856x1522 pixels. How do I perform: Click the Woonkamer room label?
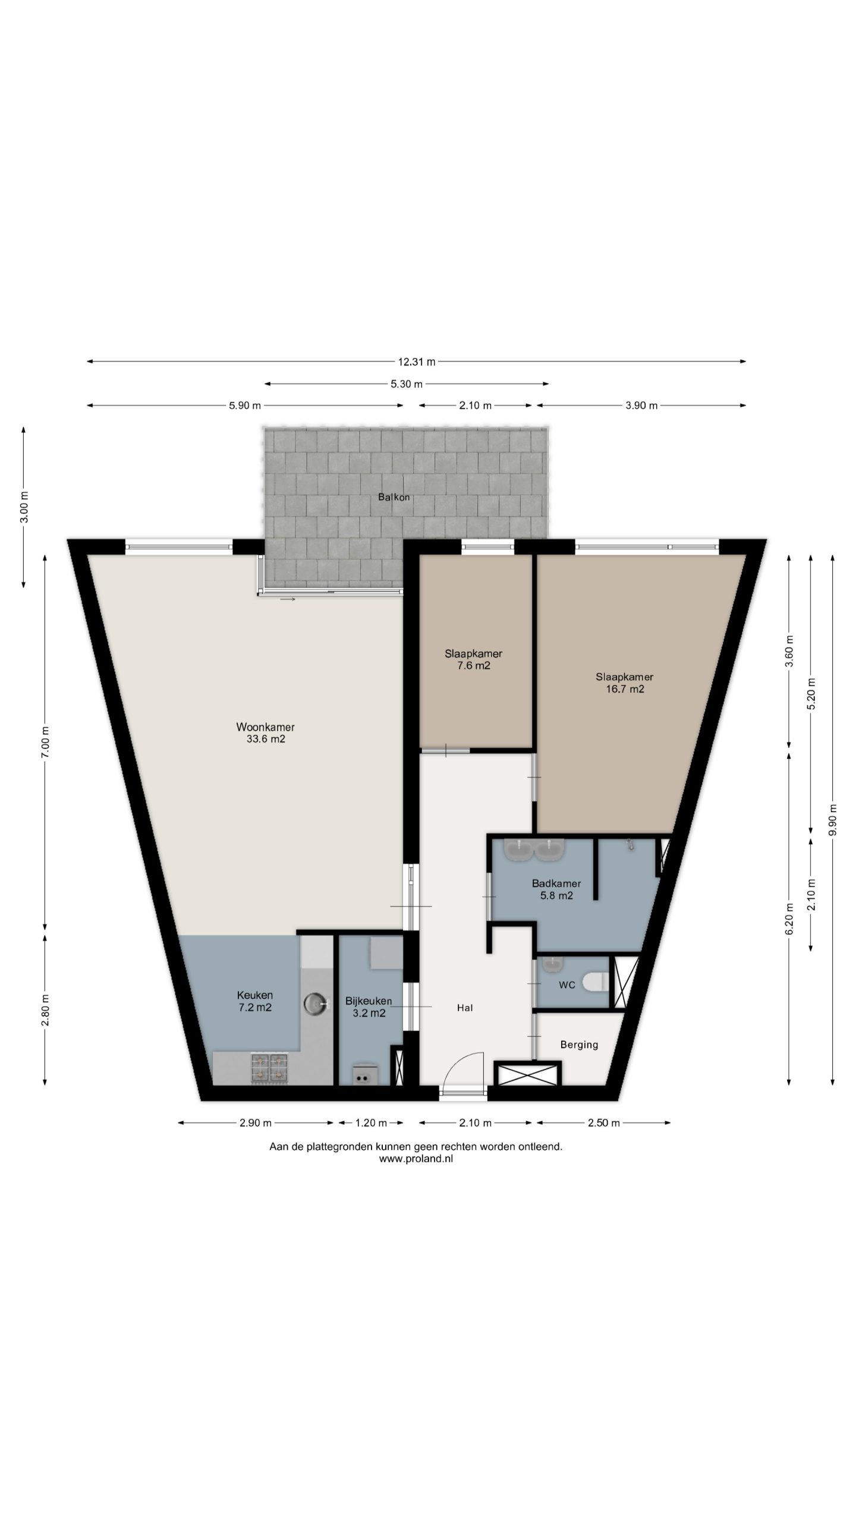265,727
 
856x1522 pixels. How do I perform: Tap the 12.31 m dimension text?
416,361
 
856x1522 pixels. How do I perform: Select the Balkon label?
394,497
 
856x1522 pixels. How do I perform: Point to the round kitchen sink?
316,1004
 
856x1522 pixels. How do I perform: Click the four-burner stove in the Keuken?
270,1067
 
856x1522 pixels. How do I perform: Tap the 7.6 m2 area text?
473,666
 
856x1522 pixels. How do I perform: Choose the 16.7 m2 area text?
625,689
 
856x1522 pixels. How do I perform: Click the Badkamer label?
556,883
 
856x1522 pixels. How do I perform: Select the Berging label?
579,1045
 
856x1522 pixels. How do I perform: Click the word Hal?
465,1008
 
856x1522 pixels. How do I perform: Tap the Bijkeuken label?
369,1001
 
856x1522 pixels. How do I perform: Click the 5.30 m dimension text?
407,384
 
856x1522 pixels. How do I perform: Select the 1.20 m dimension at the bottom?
371,1123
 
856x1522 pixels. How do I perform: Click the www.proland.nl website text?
416,1158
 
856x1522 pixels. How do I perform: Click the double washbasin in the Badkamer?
534,850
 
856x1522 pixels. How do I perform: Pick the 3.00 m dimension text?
24,507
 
